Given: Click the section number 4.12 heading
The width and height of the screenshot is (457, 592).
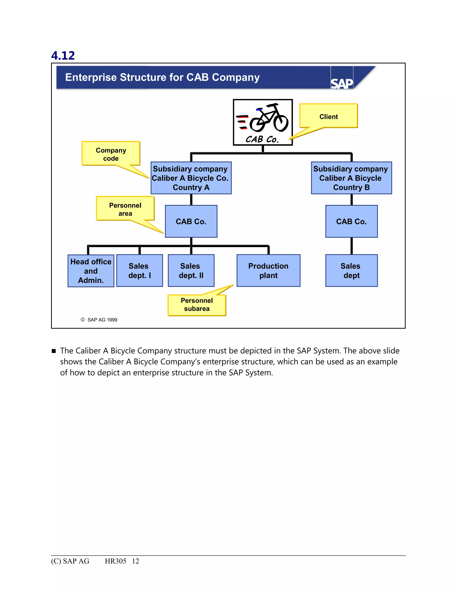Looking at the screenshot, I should pyautogui.click(x=63, y=56).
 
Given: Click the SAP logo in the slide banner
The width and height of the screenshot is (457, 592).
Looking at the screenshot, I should pyautogui.click(x=342, y=83).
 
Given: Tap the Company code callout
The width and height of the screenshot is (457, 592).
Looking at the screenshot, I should pyautogui.click(x=111, y=154).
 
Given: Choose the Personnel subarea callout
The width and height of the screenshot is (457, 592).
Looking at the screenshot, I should pyautogui.click(x=197, y=305).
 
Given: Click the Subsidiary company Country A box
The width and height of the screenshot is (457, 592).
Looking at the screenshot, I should pyautogui.click(x=191, y=178).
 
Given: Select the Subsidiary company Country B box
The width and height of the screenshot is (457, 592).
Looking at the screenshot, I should pyautogui.click(x=351, y=178).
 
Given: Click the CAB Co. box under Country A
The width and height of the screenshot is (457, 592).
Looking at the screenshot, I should pyautogui.click(x=191, y=221).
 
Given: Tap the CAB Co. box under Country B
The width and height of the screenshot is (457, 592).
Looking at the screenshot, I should pyautogui.click(x=351, y=221).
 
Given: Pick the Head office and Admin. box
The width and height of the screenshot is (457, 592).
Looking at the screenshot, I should pyautogui.click(x=91, y=271).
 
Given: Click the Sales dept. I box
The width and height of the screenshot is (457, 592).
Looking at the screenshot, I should pyautogui.click(x=139, y=271).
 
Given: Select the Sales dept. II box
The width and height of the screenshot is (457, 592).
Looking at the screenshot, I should pyautogui.click(x=191, y=271).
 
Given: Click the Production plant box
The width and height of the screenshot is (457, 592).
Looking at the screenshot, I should pyautogui.click(x=268, y=271).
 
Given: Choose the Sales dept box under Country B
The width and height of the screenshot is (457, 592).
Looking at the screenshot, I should pyautogui.click(x=351, y=271).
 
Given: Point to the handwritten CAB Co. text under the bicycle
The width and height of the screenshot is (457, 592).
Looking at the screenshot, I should pyautogui.click(x=262, y=139).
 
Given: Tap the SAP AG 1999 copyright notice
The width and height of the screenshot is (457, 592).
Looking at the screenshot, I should pyautogui.click(x=99, y=320).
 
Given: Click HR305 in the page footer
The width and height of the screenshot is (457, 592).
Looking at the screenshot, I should pyautogui.click(x=115, y=561).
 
